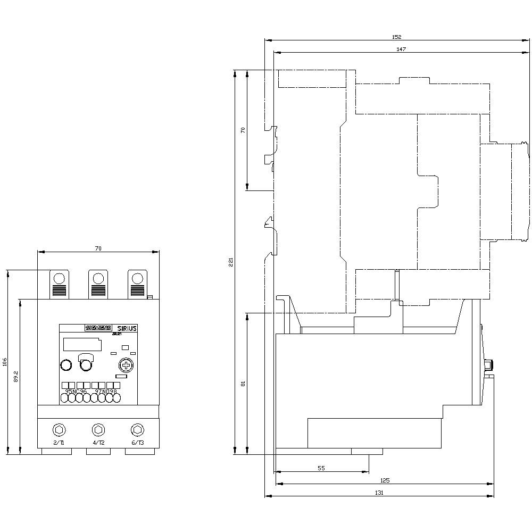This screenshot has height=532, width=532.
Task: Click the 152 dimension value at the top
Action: coord(396,37)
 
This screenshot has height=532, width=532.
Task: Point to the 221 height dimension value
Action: coord(231,262)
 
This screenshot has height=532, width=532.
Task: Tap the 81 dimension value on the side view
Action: coord(243,383)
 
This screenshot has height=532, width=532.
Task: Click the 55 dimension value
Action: coord(321,468)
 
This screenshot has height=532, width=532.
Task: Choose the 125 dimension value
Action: coord(385,480)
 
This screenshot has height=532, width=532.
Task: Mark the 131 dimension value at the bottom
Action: coord(379,493)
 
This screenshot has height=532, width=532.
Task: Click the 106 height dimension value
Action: coord(5,362)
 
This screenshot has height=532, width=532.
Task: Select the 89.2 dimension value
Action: coord(16,377)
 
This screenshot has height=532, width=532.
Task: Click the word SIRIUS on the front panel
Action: coord(127,328)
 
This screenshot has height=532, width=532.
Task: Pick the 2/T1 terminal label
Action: coord(59,443)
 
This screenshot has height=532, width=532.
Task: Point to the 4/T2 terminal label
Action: coord(98,443)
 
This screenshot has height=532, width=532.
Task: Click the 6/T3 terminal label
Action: coord(137,443)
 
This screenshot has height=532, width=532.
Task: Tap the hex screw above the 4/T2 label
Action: coord(98,429)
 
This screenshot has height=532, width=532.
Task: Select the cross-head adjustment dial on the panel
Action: coord(126,365)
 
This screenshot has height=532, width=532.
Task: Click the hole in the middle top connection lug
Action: coord(98,278)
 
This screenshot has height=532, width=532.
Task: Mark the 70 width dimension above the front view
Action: coord(98,248)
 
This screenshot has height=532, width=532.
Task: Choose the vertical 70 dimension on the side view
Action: coord(243,130)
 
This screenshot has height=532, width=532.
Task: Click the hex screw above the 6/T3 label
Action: coord(137,429)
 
